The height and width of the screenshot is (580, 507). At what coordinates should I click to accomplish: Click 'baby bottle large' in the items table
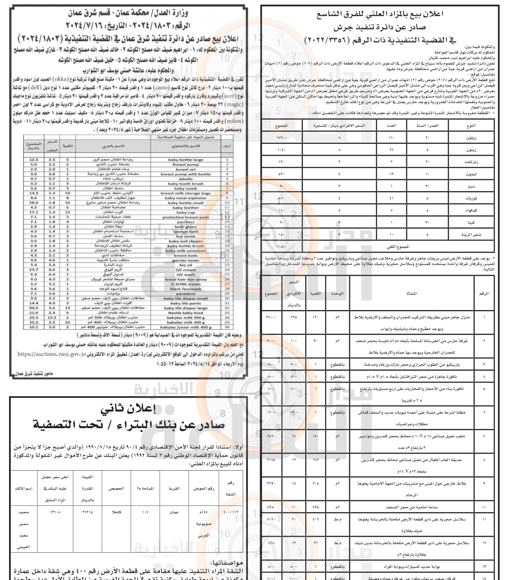(186, 160)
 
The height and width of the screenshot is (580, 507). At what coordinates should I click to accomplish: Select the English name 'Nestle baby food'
(186, 313)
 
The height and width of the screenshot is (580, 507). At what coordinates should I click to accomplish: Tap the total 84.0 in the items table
(34, 308)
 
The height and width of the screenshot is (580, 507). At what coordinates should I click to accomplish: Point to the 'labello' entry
(186, 179)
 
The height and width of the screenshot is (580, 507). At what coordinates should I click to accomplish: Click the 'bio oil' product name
(186, 265)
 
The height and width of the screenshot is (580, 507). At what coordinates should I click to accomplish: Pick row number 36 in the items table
(227, 327)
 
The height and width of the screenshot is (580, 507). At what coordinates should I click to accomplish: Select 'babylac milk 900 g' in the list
(186, 318)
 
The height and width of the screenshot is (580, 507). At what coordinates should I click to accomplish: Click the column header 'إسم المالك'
(24, 488)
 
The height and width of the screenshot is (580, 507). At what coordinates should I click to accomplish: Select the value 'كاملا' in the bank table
(117, 512)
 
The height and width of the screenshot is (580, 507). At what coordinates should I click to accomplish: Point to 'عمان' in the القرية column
(174, 512)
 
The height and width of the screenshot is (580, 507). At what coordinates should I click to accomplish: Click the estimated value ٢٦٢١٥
(87, 512)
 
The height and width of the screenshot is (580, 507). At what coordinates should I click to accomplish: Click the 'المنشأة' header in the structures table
(411, 293)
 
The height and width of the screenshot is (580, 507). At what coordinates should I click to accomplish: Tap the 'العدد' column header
(391, 126)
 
